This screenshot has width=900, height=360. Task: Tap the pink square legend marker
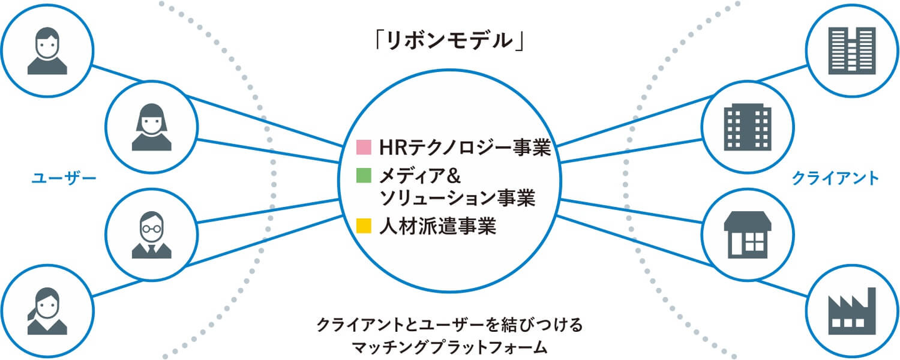[x=364, y=148]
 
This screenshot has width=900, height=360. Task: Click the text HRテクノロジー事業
[x=465, y=148]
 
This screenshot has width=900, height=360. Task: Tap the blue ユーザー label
[x=64, y=178]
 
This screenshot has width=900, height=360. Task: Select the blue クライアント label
[x=836, y=178]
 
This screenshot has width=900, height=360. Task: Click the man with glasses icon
[x=151, y=234]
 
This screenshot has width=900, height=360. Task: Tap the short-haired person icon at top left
[x=47, y=50]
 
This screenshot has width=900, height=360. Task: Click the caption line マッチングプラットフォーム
[x=449, y=346]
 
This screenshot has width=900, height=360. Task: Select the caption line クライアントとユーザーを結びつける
[x=449, y=325]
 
